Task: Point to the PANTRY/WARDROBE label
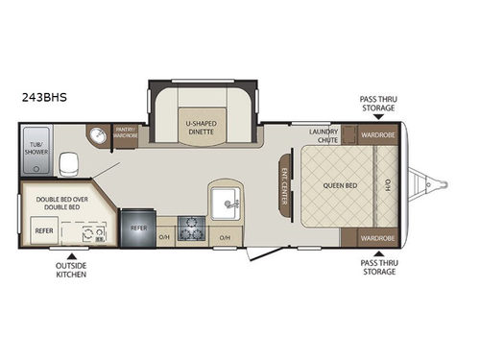[x=125, y=132]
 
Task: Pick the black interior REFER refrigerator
[x=137, y=229]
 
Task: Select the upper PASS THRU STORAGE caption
[x=377, y=104]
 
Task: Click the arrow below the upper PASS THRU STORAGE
[x=377, y=118]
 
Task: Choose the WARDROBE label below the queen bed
[x=377, y=236]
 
